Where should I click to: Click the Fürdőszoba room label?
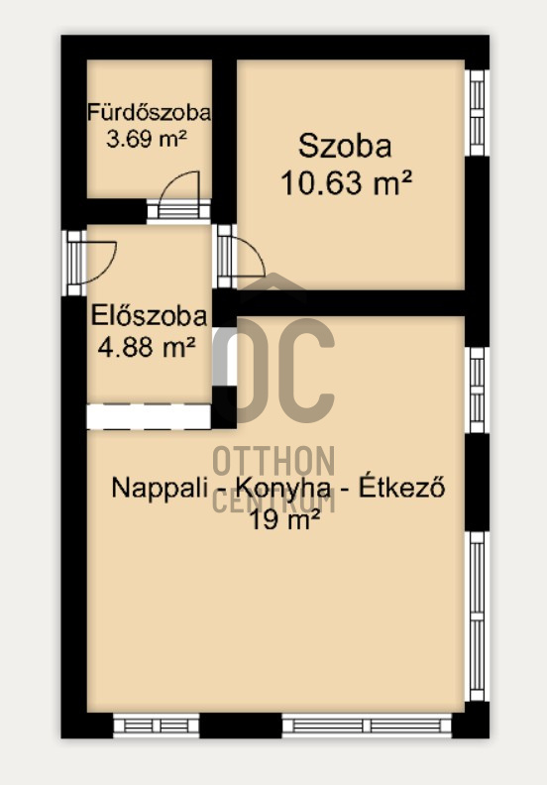point(148,111)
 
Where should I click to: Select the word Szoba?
point(345,148)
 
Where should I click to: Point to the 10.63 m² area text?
point(346,182)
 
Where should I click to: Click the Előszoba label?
point(149,317)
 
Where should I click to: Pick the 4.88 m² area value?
point(145,347)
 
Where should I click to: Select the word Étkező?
point(400,489)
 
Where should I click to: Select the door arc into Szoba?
point(246,260)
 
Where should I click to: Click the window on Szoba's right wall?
point(477,112)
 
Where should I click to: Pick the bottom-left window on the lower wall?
point(157,726)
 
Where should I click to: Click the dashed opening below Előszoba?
point(149,416)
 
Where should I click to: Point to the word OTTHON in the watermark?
point(274,462)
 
